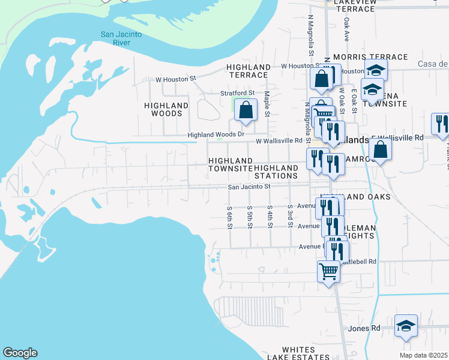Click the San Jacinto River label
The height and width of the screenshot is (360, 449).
(121, 38)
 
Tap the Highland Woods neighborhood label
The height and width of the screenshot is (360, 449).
(166, 109)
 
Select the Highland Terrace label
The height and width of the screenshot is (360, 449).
(248, 71)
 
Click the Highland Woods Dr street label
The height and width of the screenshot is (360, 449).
(216, 135)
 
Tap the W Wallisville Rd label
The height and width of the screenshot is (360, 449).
(279, 140)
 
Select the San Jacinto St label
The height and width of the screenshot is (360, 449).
(250, 187)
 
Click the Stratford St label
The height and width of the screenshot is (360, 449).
(238, 93)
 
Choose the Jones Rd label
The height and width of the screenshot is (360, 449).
(364, 328)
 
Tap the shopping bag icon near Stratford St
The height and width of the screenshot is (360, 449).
(246, 110)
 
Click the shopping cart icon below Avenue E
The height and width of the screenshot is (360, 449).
(328, 271)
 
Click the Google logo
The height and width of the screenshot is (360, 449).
(20, 353)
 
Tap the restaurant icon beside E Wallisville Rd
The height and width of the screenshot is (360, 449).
(442, 124)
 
